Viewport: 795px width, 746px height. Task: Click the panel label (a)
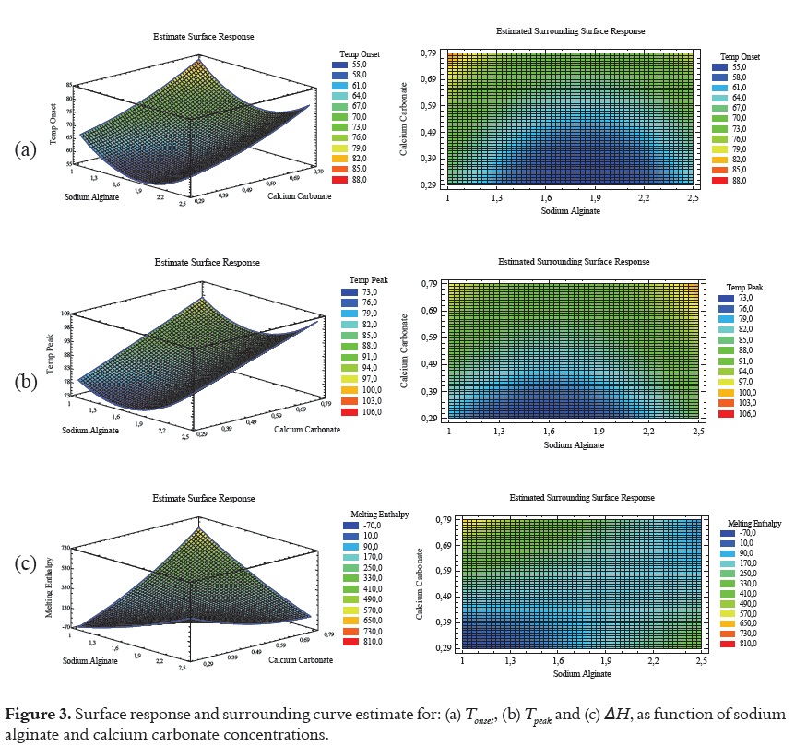tap(24, 148)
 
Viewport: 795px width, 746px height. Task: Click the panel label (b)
tap(24, 380)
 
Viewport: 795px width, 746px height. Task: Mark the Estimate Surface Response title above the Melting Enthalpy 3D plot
tap(203, 498)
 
